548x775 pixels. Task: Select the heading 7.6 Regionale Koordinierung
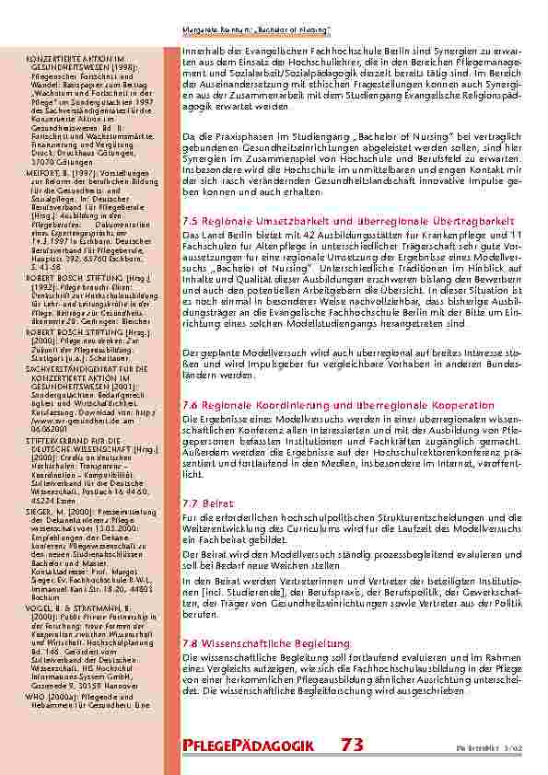[338, 405]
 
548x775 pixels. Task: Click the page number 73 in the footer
[352, 745]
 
